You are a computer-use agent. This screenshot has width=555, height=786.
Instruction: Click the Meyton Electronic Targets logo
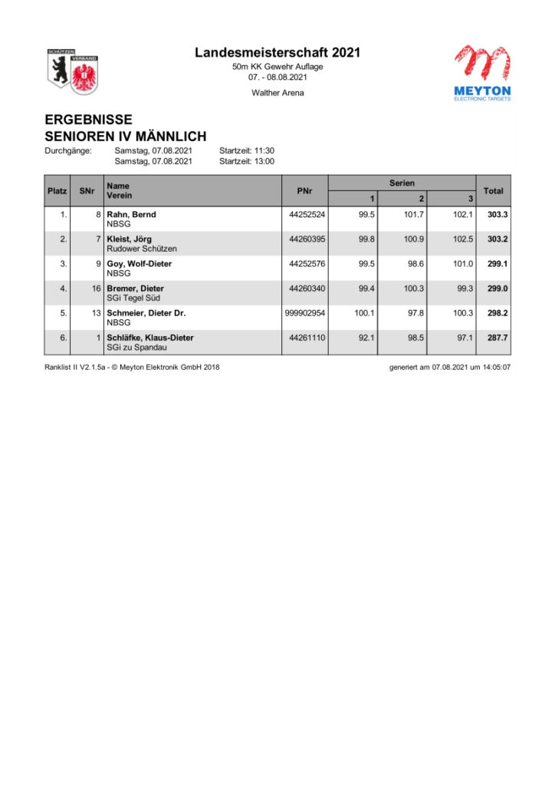[x=481, y=73]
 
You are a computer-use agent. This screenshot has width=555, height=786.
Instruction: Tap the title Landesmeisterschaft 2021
[x=277, y=53]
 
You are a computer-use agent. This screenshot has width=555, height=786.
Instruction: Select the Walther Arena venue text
[x=277, y=93]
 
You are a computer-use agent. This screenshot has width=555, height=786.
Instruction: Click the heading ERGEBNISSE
[x=88, y=120]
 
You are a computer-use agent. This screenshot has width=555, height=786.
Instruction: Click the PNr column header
[x=304, y=190]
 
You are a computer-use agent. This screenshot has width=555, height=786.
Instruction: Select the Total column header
[x=493, y=190]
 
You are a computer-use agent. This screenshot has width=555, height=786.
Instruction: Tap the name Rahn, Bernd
[x=131, y=215]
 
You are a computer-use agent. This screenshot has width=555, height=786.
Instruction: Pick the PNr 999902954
[x=305, y=313]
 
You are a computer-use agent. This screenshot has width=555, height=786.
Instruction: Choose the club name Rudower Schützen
[x=141, y=249]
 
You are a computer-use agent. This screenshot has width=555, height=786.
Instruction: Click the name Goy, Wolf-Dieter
[x=139, y=264]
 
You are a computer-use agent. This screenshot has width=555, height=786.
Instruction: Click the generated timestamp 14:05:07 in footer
[x=495, y=367]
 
